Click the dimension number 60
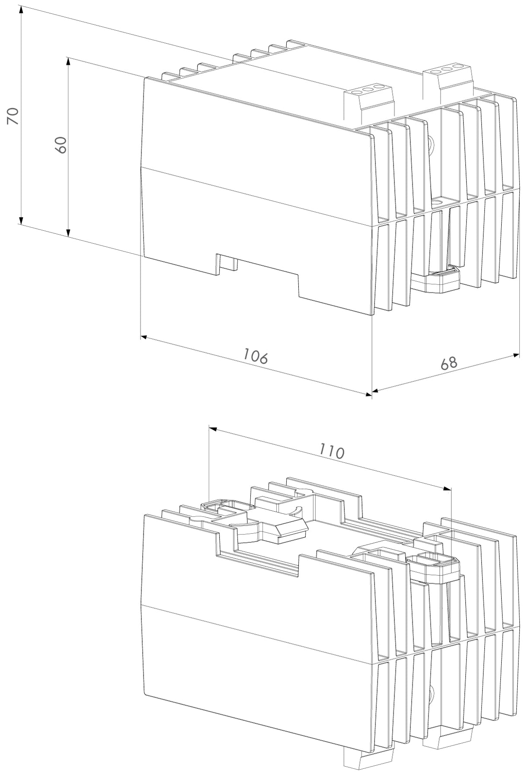[61, 145]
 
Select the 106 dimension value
[255, 356]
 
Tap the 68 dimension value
[448, 363]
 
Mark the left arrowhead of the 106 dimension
[145, 337]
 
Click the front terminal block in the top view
[369, 101]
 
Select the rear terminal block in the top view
[450, 78]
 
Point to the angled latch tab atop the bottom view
[291, 530]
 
